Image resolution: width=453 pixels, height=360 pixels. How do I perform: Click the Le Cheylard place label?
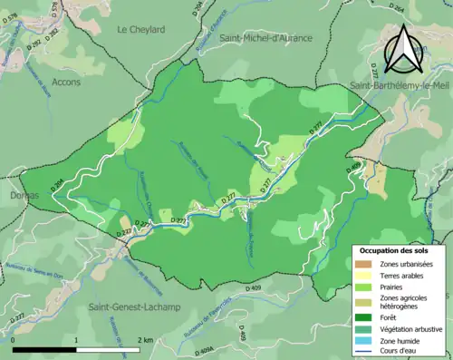point(141,29)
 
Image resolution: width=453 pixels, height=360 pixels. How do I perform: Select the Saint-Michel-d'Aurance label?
point(265,38)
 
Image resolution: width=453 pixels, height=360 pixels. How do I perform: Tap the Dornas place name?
point(13,195)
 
